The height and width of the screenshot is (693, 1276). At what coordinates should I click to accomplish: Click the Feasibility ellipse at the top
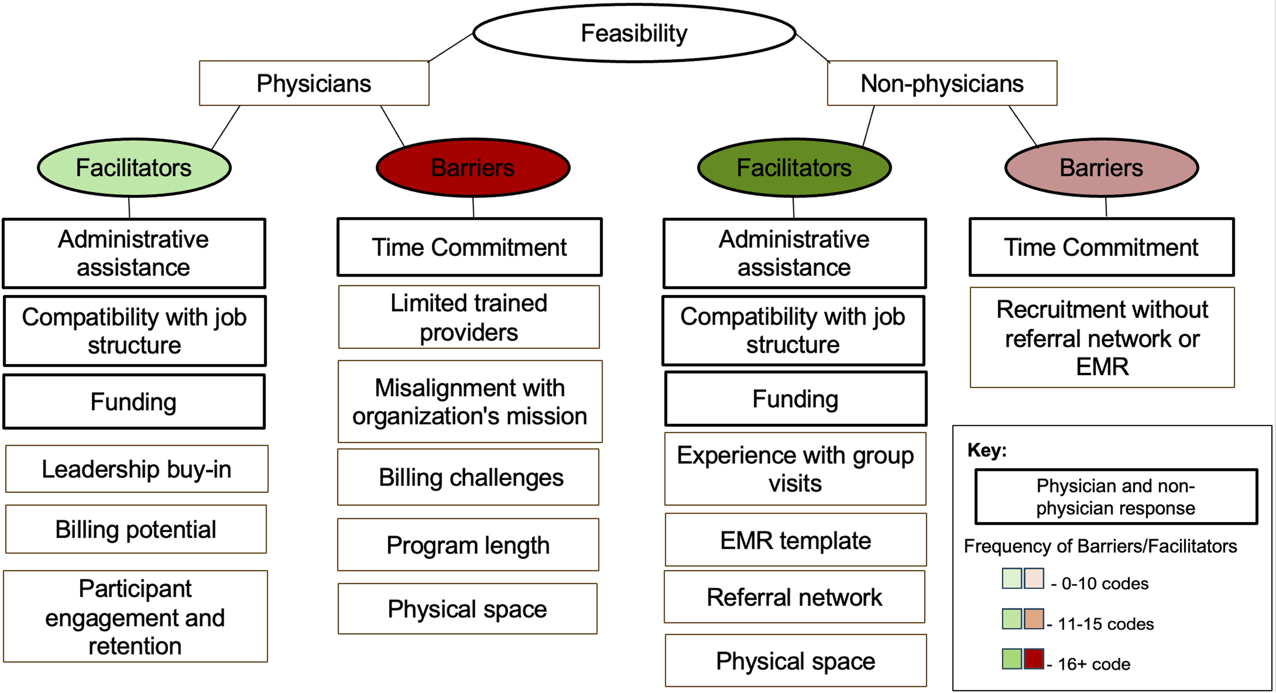[634, 33]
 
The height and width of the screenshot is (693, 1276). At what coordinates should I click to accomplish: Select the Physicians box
[314, 83]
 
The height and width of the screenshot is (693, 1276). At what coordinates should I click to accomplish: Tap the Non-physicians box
[942, 83]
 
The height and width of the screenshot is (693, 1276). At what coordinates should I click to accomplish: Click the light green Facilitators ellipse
[134, 168]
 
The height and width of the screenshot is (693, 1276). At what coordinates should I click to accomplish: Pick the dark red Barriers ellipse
[473, 168]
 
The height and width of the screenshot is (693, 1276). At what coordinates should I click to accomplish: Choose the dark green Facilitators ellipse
[794, 168]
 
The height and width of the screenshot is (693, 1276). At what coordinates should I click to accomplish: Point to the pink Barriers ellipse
[1102, 168]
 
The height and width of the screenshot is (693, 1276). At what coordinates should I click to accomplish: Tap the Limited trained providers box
[469, 317]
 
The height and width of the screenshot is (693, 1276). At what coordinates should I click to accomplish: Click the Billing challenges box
[468, 477]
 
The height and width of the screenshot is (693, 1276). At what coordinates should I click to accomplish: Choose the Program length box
[468, 545]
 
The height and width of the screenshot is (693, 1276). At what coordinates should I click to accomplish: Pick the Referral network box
[795, 597]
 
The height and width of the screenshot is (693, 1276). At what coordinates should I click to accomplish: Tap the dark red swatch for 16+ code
[1034, 659]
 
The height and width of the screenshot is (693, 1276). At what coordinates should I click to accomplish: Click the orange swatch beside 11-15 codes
[1034, 619]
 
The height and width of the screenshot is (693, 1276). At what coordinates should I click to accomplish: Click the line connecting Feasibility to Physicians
[450, 47]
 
